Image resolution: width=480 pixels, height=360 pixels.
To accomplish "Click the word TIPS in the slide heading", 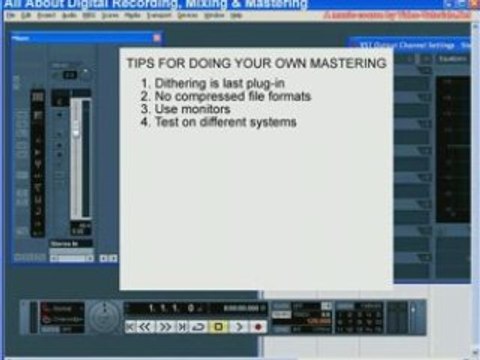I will point(140,63).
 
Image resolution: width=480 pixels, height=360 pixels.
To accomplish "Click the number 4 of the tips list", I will point(144,121).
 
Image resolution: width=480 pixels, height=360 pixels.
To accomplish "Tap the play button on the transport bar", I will point(239,326).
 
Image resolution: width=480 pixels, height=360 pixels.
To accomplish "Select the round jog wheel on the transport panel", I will point(103,318).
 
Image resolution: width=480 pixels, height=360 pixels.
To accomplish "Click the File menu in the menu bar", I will point(10,17).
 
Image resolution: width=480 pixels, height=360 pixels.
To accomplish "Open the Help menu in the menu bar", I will point(236,17).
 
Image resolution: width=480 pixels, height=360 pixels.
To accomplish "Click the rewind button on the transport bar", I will point(145,326).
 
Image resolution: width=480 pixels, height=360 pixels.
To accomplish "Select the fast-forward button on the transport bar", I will point(164,326).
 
